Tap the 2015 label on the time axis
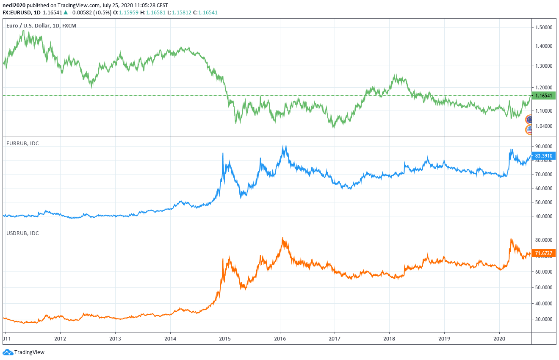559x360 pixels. click(x=225, y=339)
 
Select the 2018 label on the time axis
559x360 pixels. click(x=389, y=339)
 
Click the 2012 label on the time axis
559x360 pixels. click(x=60, y=339)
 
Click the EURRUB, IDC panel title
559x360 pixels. click(x=22, y=144)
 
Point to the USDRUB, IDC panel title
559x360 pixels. click(x=22, y=233)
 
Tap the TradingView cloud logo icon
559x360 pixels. click(x=8, y=352)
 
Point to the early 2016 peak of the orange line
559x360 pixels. click(x=282, y=238)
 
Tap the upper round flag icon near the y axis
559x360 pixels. click(x=529, y=120)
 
